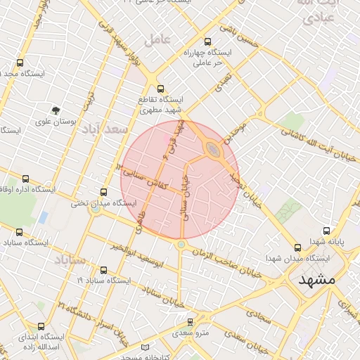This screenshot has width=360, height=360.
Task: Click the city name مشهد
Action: point(317,279)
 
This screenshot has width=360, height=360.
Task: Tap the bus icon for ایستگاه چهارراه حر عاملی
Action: point(207,42)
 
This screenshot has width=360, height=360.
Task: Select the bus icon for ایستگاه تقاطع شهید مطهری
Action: point(161,89)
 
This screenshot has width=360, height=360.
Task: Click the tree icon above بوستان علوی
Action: point(56,110)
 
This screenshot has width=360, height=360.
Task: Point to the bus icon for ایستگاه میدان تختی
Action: point(104,192)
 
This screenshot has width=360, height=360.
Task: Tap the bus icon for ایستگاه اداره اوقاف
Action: point(27,179)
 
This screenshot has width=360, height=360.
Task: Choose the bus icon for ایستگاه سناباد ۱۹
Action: point(104,270)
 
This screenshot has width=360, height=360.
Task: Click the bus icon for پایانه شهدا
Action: point(326,231)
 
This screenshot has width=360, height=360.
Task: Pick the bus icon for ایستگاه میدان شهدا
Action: point(298,247)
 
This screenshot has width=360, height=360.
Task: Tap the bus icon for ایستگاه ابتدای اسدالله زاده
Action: point(41,326)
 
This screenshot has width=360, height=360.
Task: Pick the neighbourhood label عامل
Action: point(157,39)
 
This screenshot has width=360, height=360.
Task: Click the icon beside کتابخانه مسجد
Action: point(146,348)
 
